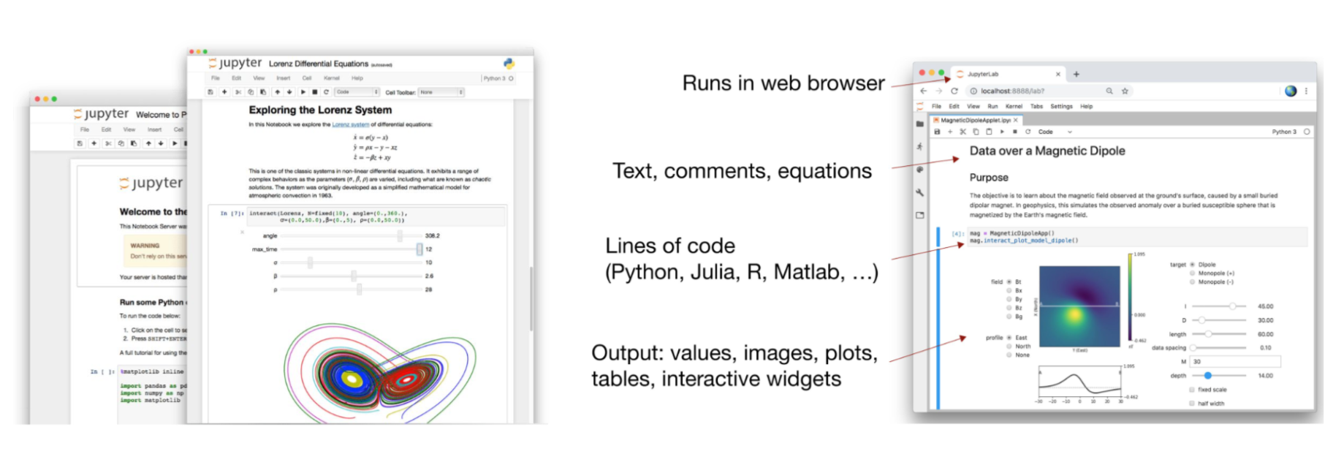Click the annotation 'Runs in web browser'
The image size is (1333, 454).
coord(783,83)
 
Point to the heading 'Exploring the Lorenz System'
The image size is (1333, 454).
coord(320,110)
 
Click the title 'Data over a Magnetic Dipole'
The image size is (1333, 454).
coord(1047,151)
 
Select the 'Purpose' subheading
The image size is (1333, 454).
coord(988,178)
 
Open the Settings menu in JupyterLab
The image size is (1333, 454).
coord(1061,107)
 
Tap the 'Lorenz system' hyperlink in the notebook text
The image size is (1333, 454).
coord(351,124)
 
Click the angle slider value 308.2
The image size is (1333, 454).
coord(432,236)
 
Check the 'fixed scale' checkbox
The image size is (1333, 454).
coord(1192,390)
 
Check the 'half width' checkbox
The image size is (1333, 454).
coord(1192,404)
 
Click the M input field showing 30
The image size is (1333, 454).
coord(1235,362)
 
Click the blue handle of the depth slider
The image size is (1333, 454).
coord(1207,376)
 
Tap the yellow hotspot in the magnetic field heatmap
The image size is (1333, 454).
coord(1074,315)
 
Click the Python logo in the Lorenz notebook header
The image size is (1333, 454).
coord(509,64)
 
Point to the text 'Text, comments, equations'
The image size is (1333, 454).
coord(742,171)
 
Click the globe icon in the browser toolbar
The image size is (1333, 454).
coord(1290,91)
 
